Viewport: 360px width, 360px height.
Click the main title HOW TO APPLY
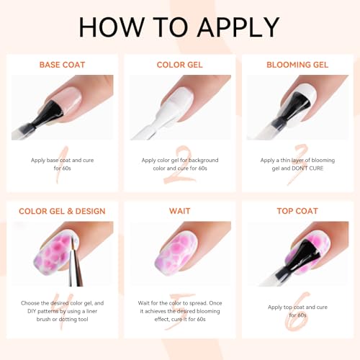click(x=179, y=27)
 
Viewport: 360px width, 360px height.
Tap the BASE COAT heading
click(x=62, y=65)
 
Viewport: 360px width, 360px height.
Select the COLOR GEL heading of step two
click(x=180, y=65)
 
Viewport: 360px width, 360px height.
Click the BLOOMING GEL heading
click(x=297, y=65)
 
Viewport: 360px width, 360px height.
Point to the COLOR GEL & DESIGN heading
click(x=62, y=211)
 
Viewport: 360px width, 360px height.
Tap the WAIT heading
click(x=180, y=211)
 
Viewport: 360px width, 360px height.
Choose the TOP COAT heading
click(x=297, y=211)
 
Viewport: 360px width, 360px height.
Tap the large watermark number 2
click(x=179, y=166)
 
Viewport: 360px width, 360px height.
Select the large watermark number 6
click(x=297, y=312)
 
